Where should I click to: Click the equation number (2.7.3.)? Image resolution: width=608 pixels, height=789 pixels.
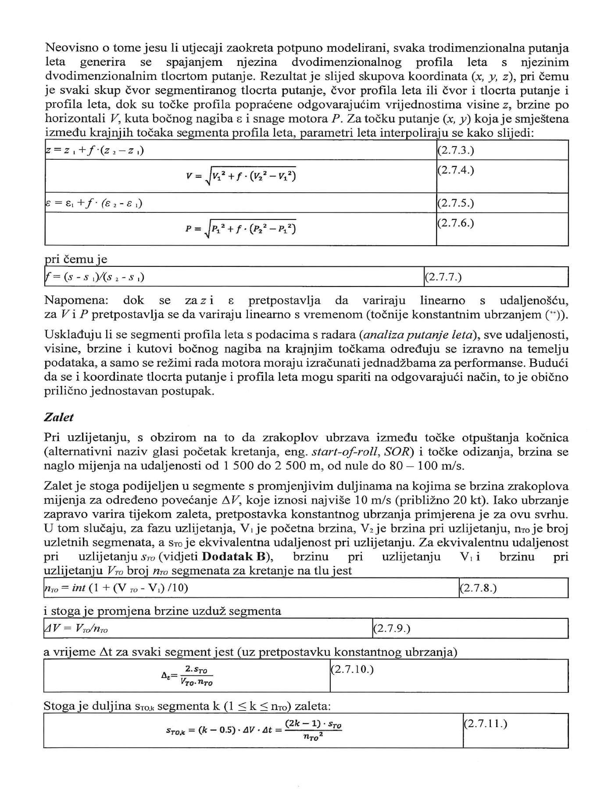point(456,151)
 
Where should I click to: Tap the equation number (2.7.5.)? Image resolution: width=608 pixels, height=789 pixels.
point(456,204)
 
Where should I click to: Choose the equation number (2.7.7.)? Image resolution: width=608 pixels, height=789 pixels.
point(443,277)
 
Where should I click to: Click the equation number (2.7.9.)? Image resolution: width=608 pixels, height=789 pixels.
point(391,628)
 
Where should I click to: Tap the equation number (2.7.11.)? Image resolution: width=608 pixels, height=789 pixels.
point(485,724)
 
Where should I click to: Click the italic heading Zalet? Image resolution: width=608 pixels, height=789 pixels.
point(59,417)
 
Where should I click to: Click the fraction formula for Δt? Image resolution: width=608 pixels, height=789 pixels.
point(187,676)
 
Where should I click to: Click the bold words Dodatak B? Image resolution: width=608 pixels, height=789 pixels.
point(234,557)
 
